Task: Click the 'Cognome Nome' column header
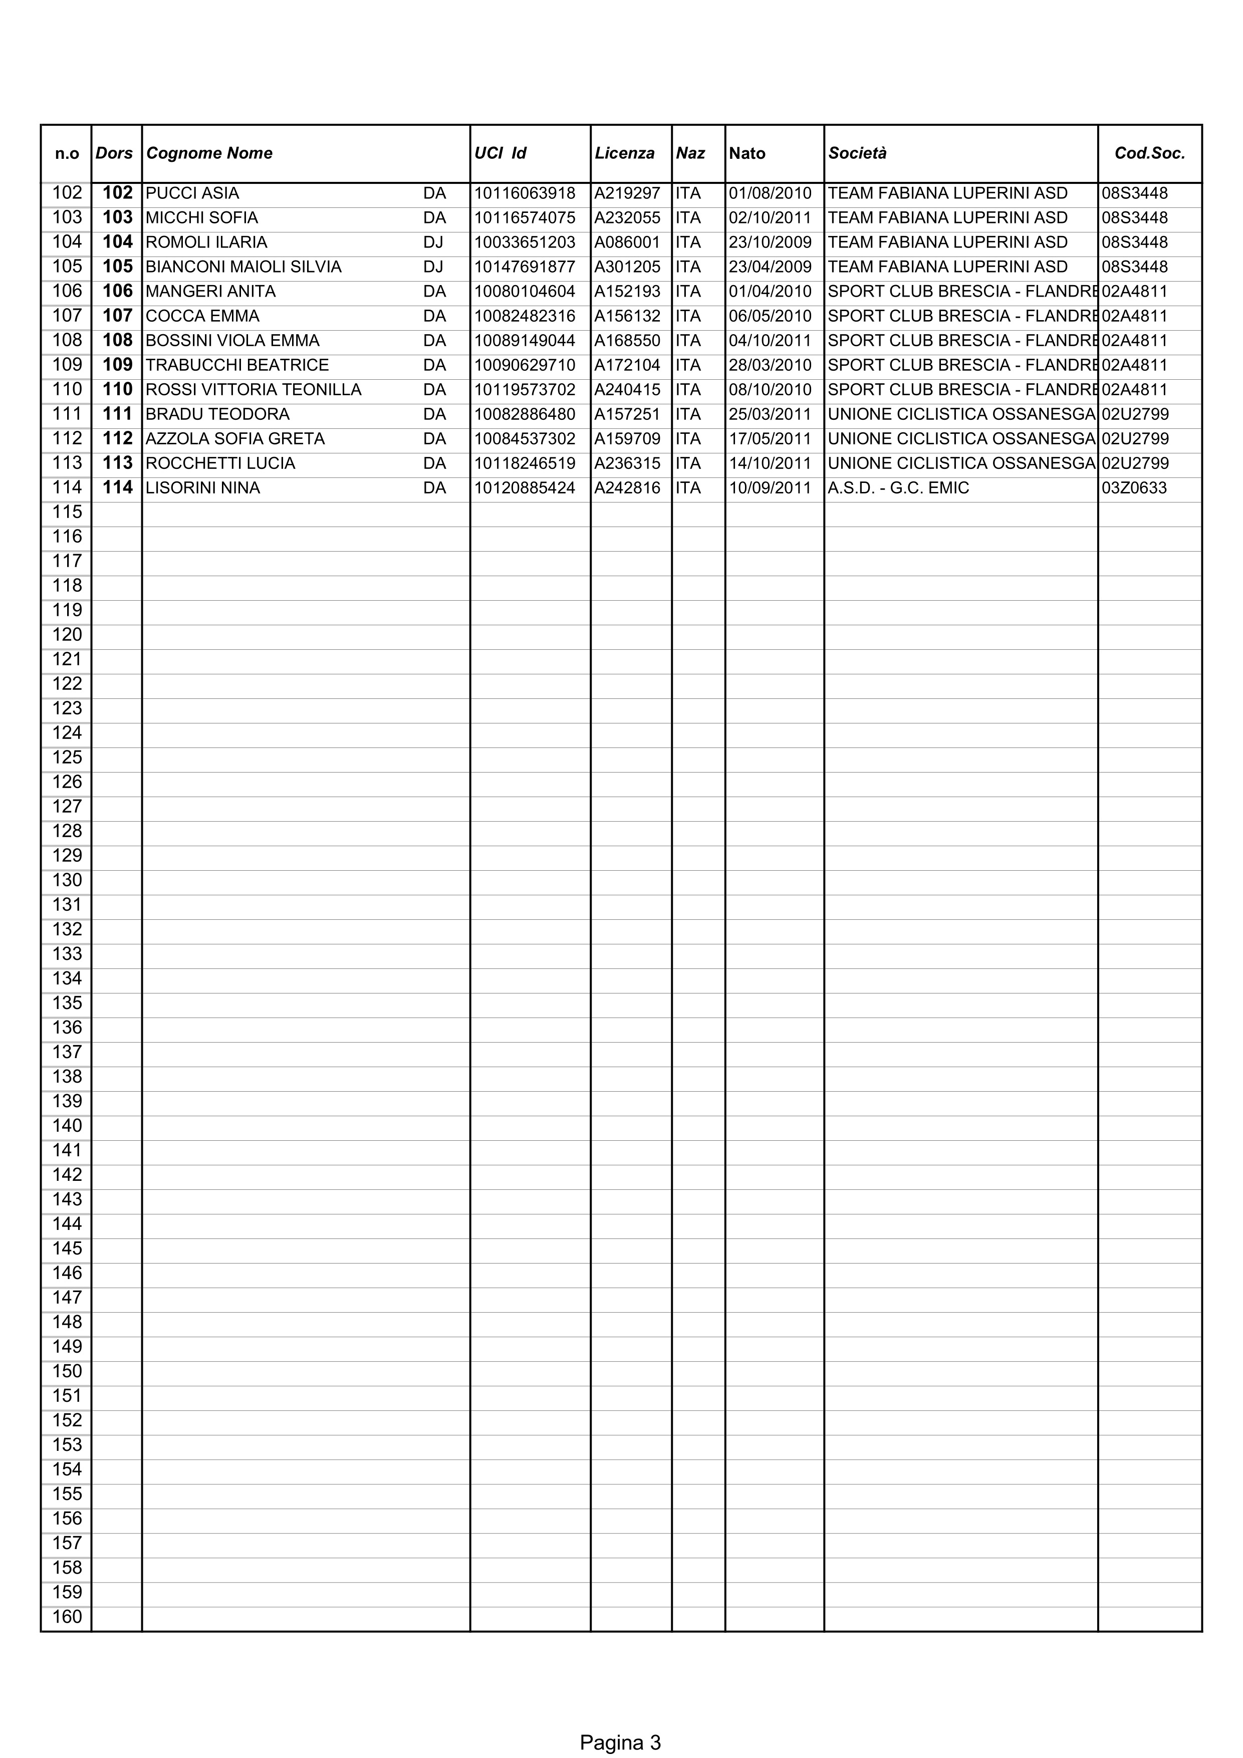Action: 209,153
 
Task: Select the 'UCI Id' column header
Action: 500,153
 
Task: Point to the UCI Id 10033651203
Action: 525,242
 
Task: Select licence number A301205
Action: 627,267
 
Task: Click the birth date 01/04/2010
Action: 770,292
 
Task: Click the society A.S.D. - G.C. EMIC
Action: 898,488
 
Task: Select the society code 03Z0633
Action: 1134,488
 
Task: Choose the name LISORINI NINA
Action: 203,488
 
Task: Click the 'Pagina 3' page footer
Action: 620,1721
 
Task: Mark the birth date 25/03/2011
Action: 770,414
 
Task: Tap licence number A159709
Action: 627,439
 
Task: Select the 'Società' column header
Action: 857,153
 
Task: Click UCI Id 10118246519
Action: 525,463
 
